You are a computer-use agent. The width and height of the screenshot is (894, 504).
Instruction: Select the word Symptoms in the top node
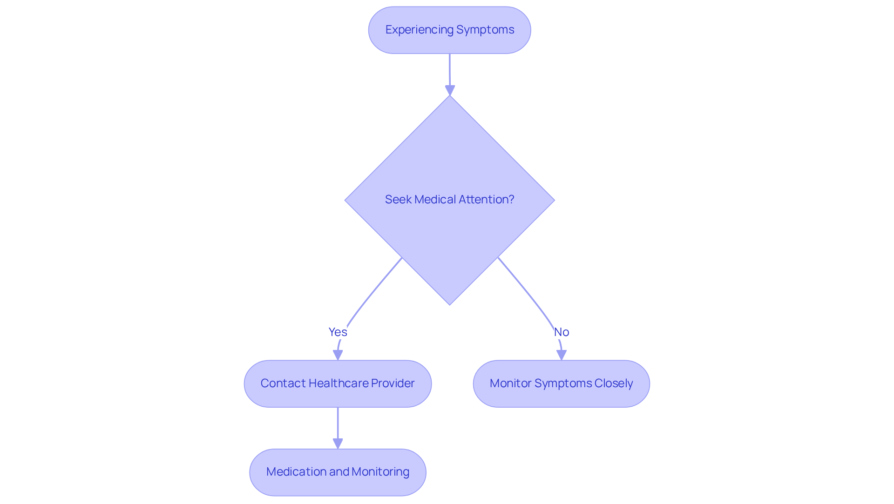(485, 30)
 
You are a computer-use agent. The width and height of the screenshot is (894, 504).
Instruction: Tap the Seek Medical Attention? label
(449, 200)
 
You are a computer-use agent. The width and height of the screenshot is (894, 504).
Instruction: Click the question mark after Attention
(511, 200)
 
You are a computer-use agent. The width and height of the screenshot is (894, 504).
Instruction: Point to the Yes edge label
(338, 332)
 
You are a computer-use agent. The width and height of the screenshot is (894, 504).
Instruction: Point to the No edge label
(562, 332)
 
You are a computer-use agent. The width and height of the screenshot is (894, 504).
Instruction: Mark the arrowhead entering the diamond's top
(450, 90)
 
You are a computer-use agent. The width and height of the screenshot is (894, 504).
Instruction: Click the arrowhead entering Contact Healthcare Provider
(338, 355)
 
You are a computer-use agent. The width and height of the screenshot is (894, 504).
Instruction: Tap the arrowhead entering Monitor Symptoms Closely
(562, 355)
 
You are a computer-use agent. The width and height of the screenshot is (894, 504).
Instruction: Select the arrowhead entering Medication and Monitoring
(338, 444)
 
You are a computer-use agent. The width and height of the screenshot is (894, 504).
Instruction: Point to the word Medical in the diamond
(435, 200)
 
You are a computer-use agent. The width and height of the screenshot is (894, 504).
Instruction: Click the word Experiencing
(419, 30)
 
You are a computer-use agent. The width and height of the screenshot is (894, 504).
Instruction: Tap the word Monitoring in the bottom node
(380, 472)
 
